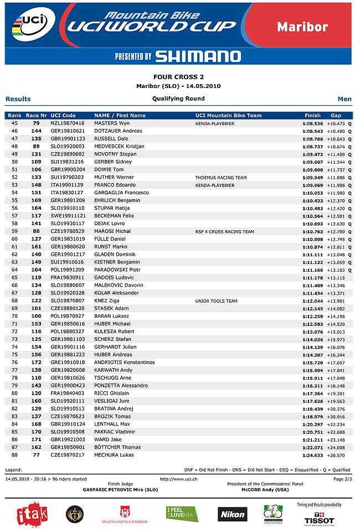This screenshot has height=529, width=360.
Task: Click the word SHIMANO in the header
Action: click(198, 56)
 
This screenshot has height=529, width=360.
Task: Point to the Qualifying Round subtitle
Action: click(178, 98)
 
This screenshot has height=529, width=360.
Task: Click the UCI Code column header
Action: click(63, 115)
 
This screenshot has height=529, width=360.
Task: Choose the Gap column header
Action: click(336, 115)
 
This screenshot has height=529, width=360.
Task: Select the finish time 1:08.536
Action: click(312, 123)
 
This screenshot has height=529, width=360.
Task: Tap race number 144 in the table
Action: click(37, 131)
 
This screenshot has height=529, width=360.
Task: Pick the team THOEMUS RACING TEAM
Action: click(221, 178)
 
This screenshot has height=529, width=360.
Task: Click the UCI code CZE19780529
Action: click(68, 231)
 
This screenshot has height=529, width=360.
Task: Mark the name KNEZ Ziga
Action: click(107, 301)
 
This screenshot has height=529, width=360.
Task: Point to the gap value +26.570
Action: click(336, 455)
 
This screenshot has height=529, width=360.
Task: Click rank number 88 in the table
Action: click(14, 455)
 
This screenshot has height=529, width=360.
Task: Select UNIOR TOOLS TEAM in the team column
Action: click(216, 301)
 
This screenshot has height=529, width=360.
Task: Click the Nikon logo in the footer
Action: click(233, 514)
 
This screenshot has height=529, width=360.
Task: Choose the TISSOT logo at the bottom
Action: click(319, 521)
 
